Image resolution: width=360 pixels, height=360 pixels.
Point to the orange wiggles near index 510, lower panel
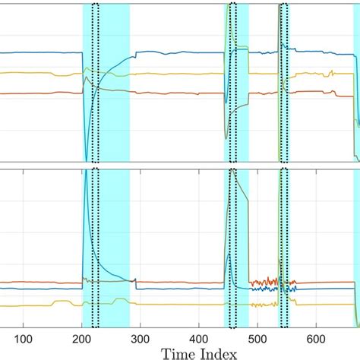click(262, 279)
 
